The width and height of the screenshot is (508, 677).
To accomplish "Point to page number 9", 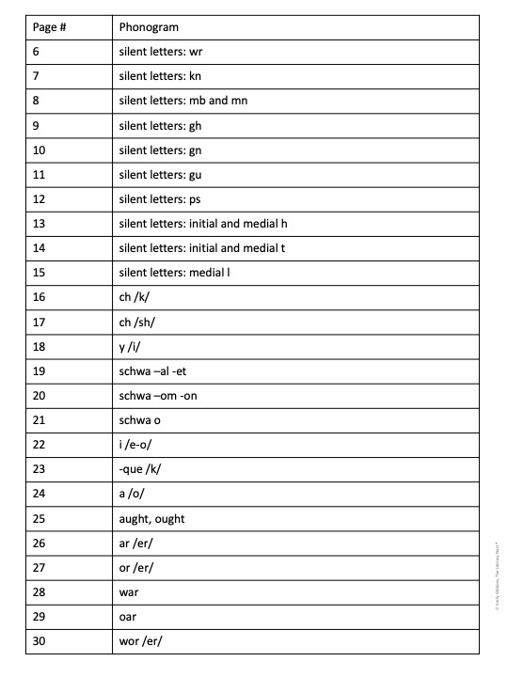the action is tap(34, 125).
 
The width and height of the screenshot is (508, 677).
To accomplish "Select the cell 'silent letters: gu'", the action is tap(161, 174).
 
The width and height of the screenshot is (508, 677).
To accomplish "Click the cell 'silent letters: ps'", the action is tap(160, 198).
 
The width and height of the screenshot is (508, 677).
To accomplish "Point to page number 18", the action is tap(38, 346).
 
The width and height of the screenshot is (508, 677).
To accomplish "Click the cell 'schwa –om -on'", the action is tap(158, 396).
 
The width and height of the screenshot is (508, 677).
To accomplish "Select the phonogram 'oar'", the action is tap(128, 617).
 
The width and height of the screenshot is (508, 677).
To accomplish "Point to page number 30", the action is tap(38, 641).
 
